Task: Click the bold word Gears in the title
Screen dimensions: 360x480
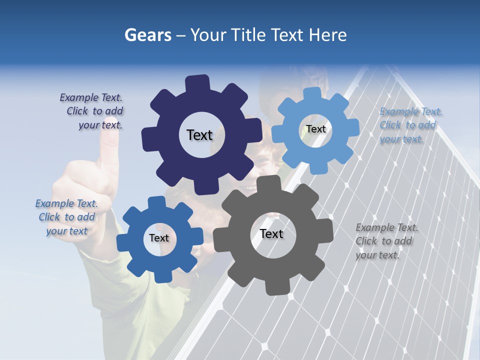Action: pyautogui.click(x=147, y=35)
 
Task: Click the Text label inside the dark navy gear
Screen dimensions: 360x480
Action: pyautogui.click(x=199, y=135)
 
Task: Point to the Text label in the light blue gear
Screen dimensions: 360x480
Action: pyautogui.click(x=315, y=129)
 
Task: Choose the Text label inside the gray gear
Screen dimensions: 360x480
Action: pyautogui.click(x=271, y=233)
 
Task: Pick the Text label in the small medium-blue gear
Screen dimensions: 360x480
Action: pyautogui.click(x=159, y=238)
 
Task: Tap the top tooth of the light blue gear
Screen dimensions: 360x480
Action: pyautogui.click(x=312, y=94)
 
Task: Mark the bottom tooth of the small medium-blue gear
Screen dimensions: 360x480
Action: pyautogui.click(x=156, y=275)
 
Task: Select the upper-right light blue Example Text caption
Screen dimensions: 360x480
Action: pyautogui.click(x=410, y=125)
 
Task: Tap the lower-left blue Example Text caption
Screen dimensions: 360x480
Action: pyautogui.click(x=66, y=217)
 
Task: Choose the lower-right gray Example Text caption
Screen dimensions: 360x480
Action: pyautogui.click(x=386, y=241)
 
